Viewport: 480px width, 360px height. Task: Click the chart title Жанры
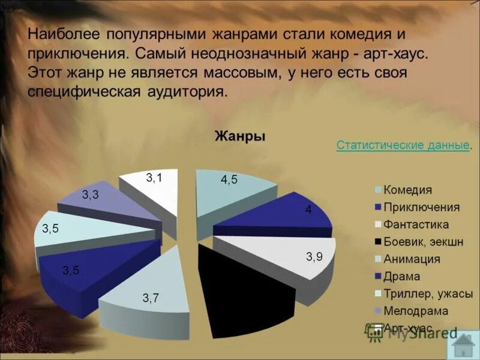(240, 137)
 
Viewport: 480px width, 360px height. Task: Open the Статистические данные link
(403, 145)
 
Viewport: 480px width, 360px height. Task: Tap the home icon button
(464, 346)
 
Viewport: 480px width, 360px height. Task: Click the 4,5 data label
(229, 179)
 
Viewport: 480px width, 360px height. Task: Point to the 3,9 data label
(314, 257)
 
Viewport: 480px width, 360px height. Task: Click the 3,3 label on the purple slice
(91, 194)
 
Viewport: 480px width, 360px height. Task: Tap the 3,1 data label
(154, 178)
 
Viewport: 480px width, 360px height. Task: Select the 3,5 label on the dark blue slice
(70, 270)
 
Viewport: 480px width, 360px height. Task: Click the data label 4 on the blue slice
(308, 210)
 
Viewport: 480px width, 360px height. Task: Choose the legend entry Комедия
(407, 190)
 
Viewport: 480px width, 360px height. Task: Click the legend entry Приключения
(421, 208)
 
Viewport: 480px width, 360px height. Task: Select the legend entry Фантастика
(416, 225)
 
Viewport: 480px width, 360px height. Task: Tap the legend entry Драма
(402, 277)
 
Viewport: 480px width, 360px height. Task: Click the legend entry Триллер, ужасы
(428, 294)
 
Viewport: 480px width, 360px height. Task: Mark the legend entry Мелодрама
(416, 311)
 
